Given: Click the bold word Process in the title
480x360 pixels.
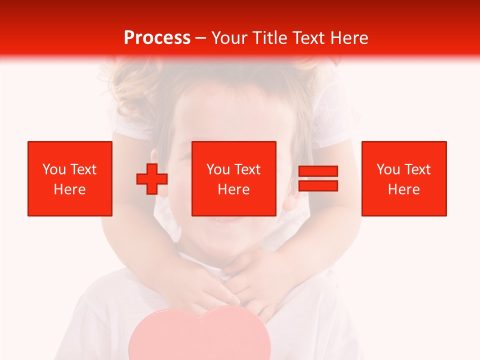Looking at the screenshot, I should click(x=157, y=38).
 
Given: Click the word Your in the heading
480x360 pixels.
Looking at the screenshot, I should click(x=230, y=38).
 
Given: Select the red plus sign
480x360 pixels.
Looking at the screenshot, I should click(x=152, y=179).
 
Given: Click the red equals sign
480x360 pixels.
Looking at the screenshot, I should click(x=318, y=178).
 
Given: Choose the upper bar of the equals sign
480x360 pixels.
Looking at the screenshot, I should click(x=318, y=171).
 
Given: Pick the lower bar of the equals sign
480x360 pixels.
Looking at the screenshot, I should click(x=318, y=185).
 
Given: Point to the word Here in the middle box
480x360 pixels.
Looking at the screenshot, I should click(x=234, y=189).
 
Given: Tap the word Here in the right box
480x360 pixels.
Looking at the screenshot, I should click(x=404, y=189).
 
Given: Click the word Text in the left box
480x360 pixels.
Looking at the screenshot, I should click(x=83, y=169).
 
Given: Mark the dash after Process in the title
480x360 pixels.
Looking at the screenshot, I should click(x=201, y=38).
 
